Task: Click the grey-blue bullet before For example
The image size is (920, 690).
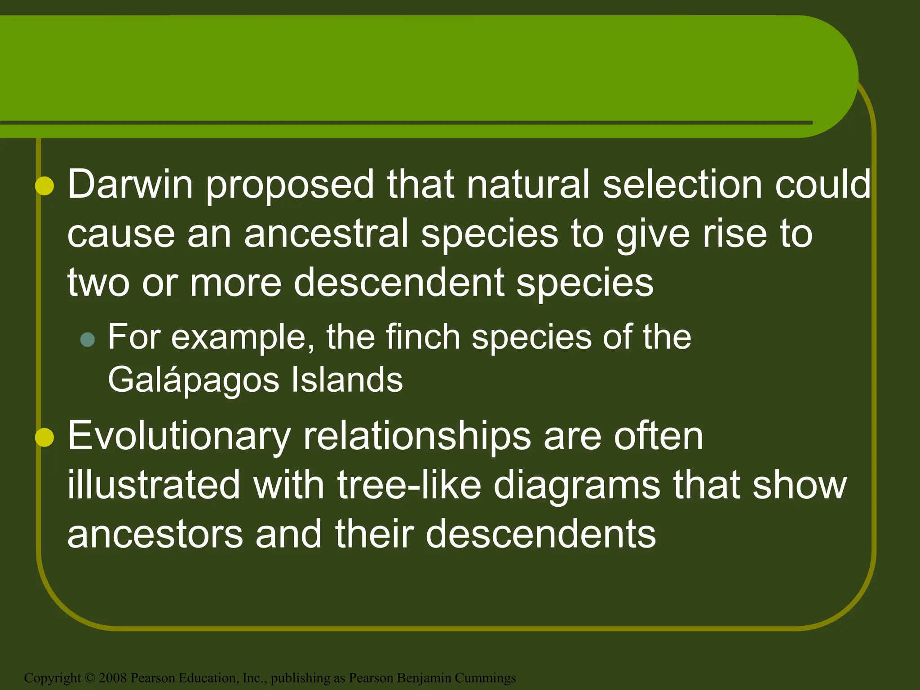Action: point(88,339)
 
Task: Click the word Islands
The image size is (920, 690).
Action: point(347,380)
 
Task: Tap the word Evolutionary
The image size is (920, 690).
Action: point(179,437)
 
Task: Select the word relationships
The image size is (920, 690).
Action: point(417,437)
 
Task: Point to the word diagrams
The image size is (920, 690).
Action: point(576,486)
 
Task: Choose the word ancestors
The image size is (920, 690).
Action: point(155,535)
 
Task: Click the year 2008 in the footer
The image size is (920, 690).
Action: point(113,678)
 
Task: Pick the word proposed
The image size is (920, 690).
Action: point(290,185)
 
